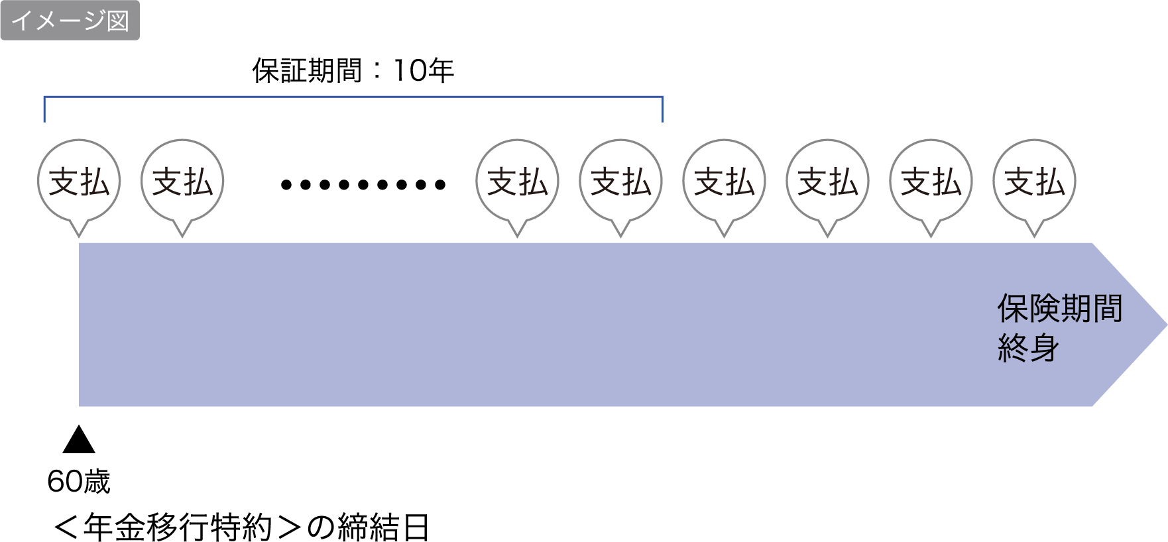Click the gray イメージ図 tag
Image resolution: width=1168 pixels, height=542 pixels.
tap(70, 20)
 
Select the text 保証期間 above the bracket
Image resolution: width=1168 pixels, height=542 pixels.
tap(306, 70)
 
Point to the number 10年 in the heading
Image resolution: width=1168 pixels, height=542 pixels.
tap(423, 70)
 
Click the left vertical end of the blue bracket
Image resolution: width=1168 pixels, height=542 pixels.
tap(44, 109)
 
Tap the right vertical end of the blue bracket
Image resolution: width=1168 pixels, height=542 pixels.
tap(662, 109)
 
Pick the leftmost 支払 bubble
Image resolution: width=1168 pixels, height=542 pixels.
tap(79, 182)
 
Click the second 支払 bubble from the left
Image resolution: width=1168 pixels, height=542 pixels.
tap(182, 182)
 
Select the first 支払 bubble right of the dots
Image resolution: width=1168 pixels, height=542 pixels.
tap(517, 182)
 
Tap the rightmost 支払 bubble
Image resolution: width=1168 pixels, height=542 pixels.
tap(1034, 182)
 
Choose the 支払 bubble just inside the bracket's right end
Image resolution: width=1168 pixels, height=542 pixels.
tap(620, 182)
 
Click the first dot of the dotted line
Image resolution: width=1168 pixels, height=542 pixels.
tap(286, 185)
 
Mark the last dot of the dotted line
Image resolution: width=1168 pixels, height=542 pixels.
tap(440, 185)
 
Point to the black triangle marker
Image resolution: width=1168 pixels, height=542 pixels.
tap(79, 440)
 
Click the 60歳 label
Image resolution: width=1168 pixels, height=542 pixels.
tap(78, 482)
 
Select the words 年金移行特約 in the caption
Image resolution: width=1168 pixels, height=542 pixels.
tap(178, 528)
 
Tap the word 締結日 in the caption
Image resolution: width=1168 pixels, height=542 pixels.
tap(383, 528)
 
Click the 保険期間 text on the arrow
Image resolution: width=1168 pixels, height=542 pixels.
tap(1059, 309)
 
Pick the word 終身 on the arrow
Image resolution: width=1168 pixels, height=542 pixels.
tap(1028, 348)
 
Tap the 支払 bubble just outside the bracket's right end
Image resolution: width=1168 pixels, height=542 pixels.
tap(724, 182)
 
